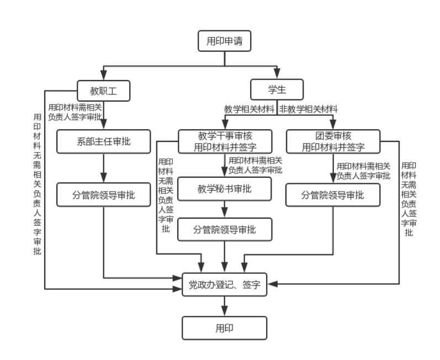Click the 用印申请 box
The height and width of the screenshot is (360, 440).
pyautogui.click(x=224, y=40)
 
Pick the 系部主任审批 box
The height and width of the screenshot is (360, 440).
pyautogui.click(x=104, y=141)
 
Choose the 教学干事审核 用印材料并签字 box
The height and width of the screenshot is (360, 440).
pyautogui.click(x=224, y=141)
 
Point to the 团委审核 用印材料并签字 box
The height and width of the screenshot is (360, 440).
pyautogui.click(x=333, y=141)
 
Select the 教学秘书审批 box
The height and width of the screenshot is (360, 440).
pyautogui.click(x=224, y=189)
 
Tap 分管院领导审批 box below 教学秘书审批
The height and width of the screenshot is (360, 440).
pyautogui.click(x=224, y=229)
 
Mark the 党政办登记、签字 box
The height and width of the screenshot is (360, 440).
pyautogui.click(x=224, y=285)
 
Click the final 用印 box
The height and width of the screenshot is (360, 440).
pyautogui.click(x=224, y=327)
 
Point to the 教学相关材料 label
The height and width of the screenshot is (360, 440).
pyautogui.click(x=249, y=109)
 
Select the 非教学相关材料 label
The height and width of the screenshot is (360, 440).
pyautogui.click(x=309, y=109)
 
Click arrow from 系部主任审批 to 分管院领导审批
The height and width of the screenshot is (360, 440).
pyautogui.click(x=104, y=167)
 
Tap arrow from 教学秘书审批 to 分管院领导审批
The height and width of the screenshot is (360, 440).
pyautogui.click(x=224, y=209)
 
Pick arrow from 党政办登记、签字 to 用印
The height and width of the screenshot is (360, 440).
pyautogui.click(x=224, y=306)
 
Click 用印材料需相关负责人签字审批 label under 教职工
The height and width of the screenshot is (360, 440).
pyautogui.click(x=75, y=112)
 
